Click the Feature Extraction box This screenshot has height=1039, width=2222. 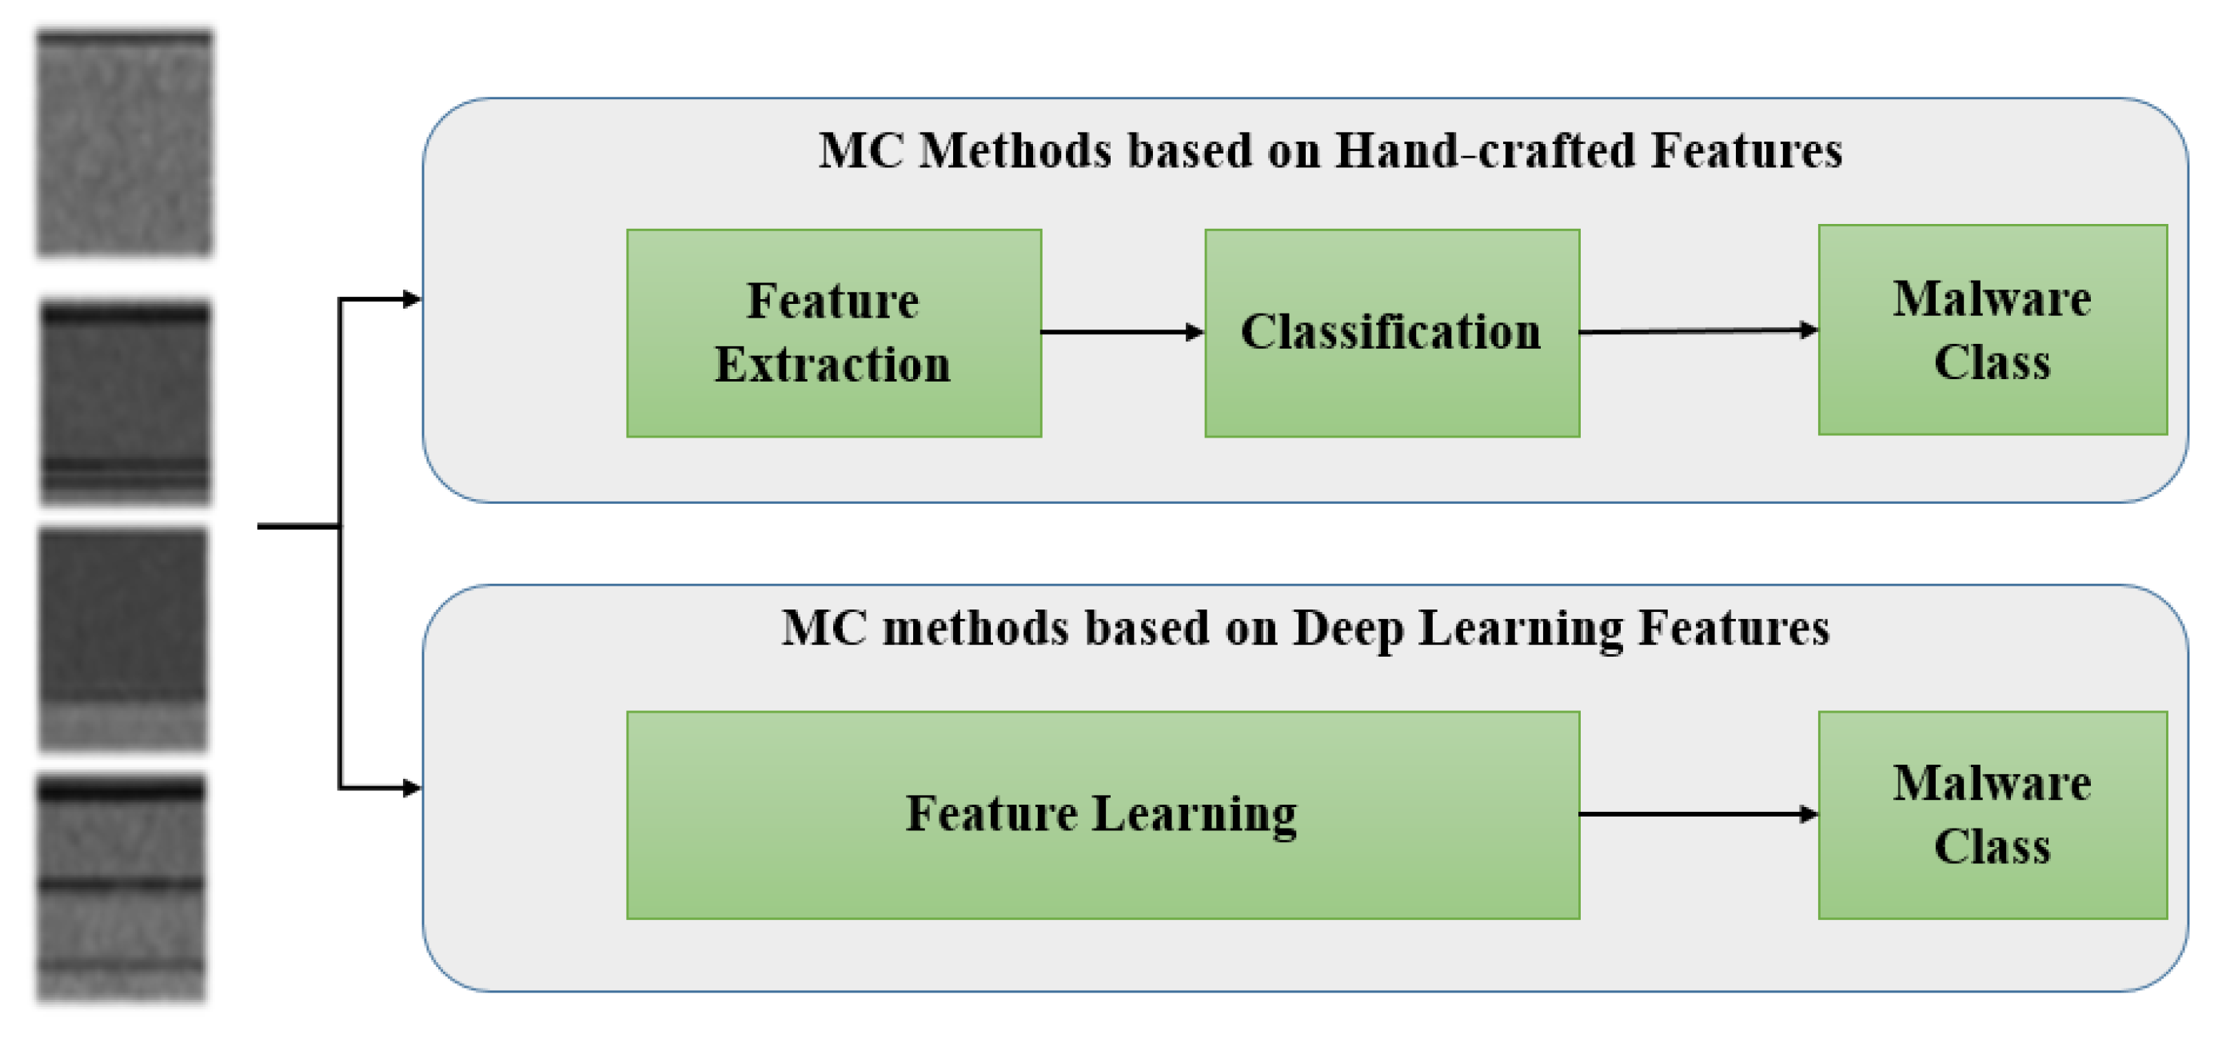click(x=834, y=333)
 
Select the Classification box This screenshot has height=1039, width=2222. click(x=1392, y=333)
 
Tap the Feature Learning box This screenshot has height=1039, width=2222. click(x=1103, y=816)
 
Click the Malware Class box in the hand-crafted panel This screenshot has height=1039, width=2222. click(x=1993, y=330)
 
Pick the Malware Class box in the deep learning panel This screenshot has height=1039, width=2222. click(x=1993, y=816)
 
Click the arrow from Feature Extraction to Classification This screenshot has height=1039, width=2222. click(x=1123, y=332)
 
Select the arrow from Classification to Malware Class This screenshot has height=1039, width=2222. click(x=1699, y=330)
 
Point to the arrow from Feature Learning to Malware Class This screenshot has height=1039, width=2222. click(x=1699, y=813)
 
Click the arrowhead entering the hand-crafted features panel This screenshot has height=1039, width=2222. click(x=413, y=299)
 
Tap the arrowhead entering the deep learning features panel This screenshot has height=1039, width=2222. click(x=413, y=788)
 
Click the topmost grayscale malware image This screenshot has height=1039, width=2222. click(x=124, y=143)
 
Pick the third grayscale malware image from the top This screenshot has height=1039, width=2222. click(x=123, y=639)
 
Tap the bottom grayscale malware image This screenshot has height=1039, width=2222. click(x=122, y=889)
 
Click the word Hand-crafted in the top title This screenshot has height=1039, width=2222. click(x=1485, y=151)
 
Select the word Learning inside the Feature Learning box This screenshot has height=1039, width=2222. click(x=1195, y=816)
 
